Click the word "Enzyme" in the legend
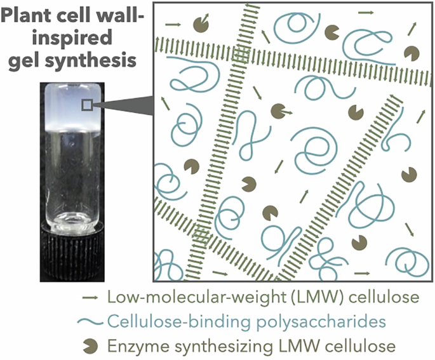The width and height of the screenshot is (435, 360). point(133,347)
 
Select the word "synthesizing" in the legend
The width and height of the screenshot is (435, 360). point(209,347)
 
